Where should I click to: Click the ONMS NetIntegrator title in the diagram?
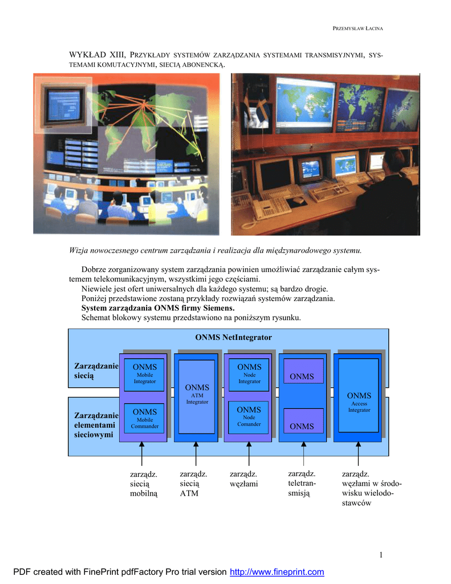[233, 338]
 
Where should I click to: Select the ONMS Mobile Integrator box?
[144, 374]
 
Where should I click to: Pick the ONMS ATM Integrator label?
[197, 394]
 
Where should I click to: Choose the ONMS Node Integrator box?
[249, 374]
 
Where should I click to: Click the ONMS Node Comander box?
[249, 416]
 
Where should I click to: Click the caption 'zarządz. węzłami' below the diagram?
[243, 479]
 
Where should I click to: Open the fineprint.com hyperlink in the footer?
[277, 572]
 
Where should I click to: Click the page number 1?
[380, 555]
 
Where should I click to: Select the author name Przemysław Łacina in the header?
[357, 29]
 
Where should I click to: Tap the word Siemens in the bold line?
[217, 308]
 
